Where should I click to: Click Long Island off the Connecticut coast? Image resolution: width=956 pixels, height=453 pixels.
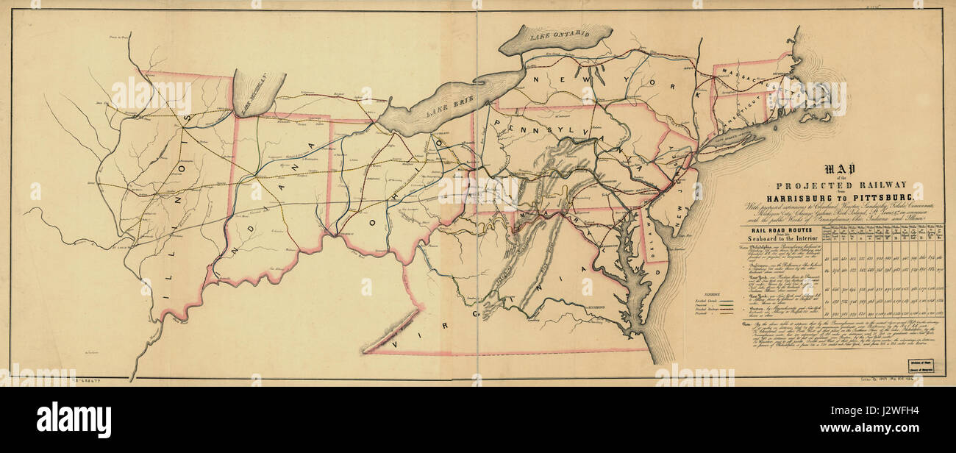(x=735, y=140)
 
